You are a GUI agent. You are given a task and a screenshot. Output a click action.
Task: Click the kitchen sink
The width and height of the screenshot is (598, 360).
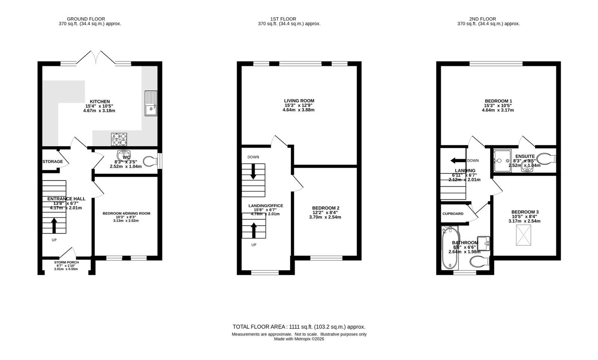point(151,103)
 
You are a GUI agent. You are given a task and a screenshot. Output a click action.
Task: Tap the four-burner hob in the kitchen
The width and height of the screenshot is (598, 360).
point(119,140)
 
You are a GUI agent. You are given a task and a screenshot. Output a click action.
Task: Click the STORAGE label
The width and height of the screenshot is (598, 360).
point(53,162)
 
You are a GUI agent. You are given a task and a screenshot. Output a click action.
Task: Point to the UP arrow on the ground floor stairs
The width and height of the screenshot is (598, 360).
point(54,226)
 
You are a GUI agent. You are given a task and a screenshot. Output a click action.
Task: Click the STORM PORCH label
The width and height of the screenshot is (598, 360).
point(66,262)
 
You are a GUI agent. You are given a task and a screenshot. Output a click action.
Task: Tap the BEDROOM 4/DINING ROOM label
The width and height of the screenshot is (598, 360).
point(126,213)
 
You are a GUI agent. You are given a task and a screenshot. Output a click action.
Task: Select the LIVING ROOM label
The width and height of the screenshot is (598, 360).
point(299,101)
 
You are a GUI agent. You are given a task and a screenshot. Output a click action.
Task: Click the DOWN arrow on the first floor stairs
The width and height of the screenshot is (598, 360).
point(253,171)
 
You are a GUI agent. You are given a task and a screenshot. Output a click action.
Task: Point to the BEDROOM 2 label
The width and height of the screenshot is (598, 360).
point(326,208)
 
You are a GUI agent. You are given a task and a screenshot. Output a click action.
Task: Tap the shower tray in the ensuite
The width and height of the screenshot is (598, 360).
point(503,161)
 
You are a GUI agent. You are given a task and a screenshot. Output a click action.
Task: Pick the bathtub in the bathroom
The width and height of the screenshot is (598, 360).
point(450,248)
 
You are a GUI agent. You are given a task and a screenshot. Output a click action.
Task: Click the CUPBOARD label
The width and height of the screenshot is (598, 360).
point(453,214)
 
